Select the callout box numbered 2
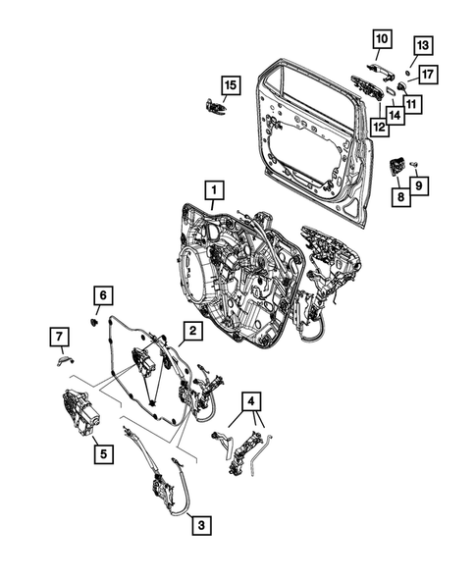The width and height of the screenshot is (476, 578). point(194,332)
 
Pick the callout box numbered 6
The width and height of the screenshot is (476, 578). point(104,294)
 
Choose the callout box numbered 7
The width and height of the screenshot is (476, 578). point(61,340)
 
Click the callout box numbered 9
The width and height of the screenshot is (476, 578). point(419,184)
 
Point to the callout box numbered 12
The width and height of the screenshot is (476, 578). point(379,126)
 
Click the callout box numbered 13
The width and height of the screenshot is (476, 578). point(421,46)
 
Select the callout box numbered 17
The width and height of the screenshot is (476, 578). point(428,74)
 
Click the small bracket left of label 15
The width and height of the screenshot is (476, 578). point(213,107)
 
